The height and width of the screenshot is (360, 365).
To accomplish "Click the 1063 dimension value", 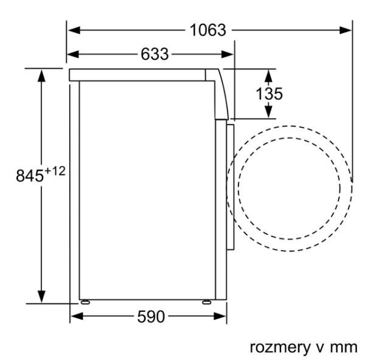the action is coord(208,30).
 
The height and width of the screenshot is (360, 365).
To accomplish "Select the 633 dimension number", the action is coord(155,54).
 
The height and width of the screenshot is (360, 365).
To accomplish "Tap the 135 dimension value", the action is coord(269,94).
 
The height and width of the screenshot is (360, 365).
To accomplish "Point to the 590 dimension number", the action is coord(151,316).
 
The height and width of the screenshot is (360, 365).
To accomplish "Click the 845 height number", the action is coord(30,176).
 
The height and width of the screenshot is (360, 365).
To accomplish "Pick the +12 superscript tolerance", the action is coord(55,171).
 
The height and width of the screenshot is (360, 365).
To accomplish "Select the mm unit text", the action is coord(344,348).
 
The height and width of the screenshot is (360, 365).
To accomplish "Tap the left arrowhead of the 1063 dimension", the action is coord(74,30).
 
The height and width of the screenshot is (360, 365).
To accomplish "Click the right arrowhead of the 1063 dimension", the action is coord(346,30).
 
